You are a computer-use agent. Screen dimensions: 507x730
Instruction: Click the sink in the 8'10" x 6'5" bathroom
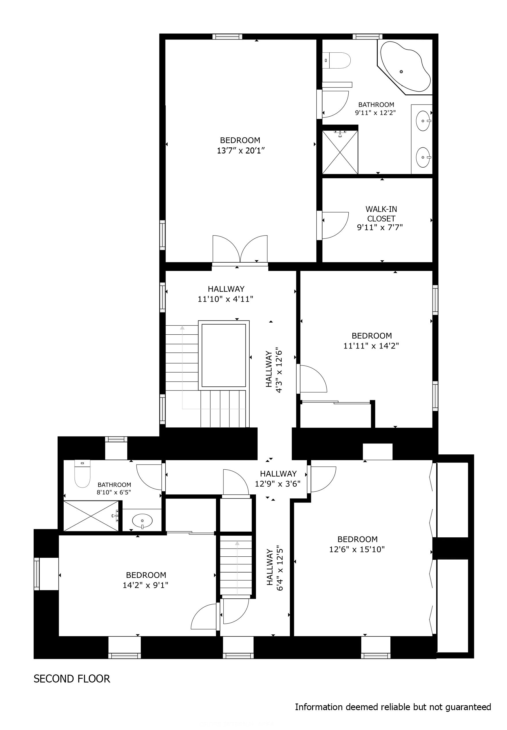pyautogui.click(x=142, y=521)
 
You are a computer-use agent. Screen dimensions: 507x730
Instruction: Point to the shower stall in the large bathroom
pyautogui.click(x=340, y=152)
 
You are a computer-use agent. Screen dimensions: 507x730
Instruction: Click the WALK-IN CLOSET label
pyautogui.click(x=381, y=214)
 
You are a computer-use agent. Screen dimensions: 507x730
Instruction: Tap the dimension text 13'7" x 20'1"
pyautogui.click(x=241, y=151)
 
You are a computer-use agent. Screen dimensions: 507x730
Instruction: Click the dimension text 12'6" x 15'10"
pyautogui.click(x=357, y=549)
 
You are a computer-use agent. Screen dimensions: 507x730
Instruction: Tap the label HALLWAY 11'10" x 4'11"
pyautogui.click(x=225, y=294)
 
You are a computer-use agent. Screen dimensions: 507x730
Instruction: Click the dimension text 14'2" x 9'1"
pyautogui.click(x=145, y=585)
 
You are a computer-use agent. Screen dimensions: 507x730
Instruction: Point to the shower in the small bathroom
pyautogui.click(x=91, y=515)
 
